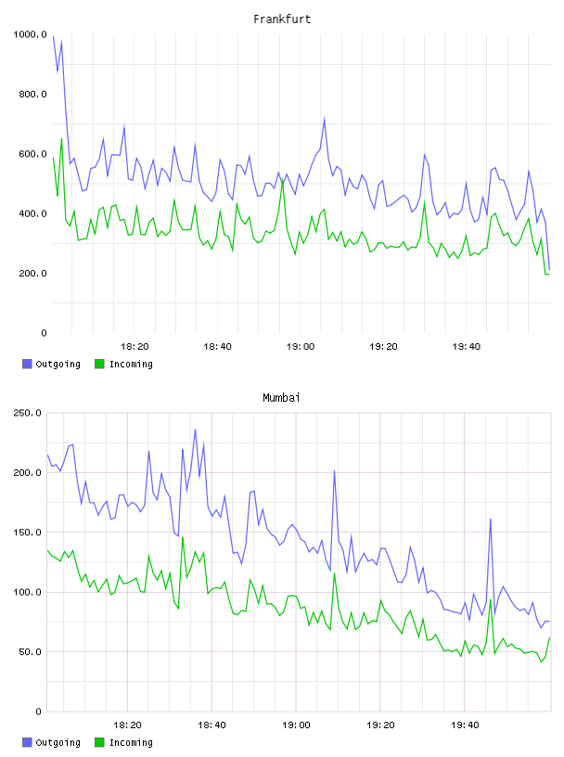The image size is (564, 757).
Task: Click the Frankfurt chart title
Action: pyautogui.click(x=282, y=19)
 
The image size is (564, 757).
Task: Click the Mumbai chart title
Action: pyautogui.click(x=281, y=397)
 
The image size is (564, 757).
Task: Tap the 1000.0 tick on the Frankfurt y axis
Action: pyautogui.click(x=30, y=34)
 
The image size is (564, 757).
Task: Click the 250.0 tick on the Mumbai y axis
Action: pyautogui.click(x=28, y=413)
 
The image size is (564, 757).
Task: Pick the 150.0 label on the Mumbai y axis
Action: pyautogui.click(x=28, y=532)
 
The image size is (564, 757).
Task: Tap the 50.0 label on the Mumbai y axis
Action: pyautogui.click(x=31, y=652)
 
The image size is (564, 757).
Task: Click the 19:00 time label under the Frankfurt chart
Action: pyautogui.click(x=301, y=346)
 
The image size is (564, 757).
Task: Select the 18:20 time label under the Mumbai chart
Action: pyautogui.click(x=127, y=725)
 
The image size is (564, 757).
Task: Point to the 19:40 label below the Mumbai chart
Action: pyautogui.click(x=465, y=725)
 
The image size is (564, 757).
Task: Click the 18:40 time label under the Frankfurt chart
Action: pyautogui.click(x=217, y=346)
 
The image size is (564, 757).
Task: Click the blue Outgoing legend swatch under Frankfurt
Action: pyautogui.click(x=27, y=364)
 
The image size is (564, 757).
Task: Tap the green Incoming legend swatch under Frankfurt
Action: pyautogui.click(x=99, y=364)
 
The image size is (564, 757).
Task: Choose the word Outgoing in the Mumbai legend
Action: pyautogui.click(x=58, y=742)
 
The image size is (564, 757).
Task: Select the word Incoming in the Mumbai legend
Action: pyautogui.click(x=131, y=742)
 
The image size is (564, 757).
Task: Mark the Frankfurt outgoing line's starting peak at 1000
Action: pyautogui.click(x=53, y=36)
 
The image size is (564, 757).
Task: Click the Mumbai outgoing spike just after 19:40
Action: pyautogui.click(x=491, y=519)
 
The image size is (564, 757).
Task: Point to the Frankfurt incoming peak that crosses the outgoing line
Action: pyautogui.click(x=284, y=181)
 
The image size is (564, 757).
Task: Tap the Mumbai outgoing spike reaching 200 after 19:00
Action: pyautogui.click(x=334, y=471)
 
